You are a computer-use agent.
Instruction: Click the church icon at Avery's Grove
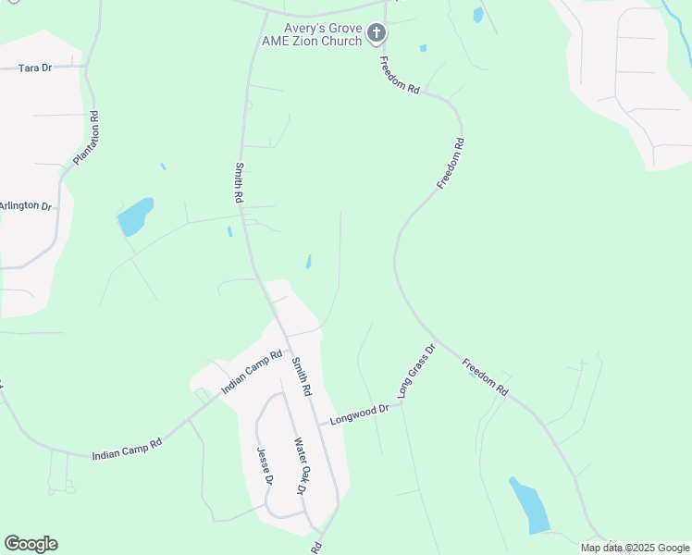tap(376, 34)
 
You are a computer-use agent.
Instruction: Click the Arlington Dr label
tap(26, 205)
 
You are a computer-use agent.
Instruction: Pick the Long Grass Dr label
tap(416, 371)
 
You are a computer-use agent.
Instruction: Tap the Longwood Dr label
tap(359, 413)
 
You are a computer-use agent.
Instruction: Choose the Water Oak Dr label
tap(300, 465)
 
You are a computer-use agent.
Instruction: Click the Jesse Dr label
tap(266, 466)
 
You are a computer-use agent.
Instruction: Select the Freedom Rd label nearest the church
tap(401, 75)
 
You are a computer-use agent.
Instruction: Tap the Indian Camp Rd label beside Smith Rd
tap(251, 372)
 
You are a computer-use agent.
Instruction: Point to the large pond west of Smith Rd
tap(135, 216)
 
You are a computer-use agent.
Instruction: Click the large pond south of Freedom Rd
tap(530, 505)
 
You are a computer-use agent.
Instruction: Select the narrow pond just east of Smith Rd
tap(308, 263)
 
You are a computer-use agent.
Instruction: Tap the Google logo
tap(31, 544)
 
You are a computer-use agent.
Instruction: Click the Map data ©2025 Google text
tap(635, 548)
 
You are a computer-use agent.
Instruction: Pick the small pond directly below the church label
tap(423, 48)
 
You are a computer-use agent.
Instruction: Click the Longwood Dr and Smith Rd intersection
tap(319, 425)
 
